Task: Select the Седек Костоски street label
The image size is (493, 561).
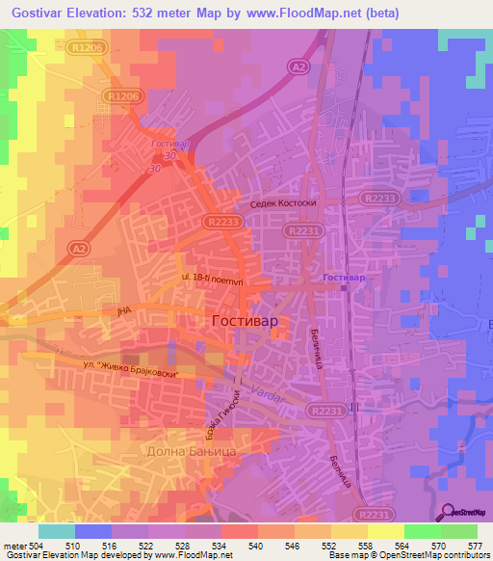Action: (283, 205)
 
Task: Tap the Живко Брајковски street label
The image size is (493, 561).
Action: (133, 367)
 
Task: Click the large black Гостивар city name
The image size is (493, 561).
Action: (245, 320)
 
